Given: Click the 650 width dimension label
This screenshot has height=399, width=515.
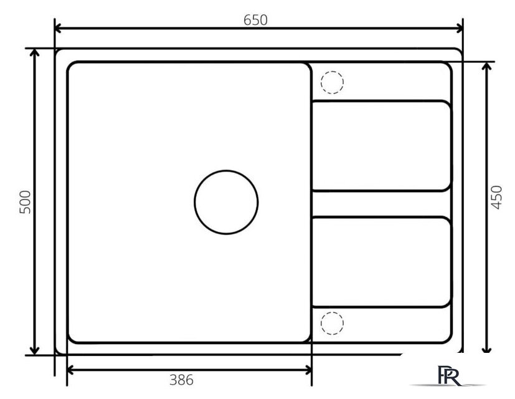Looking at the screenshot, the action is click(255, 20).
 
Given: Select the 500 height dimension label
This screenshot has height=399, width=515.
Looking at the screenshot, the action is click(26, 202).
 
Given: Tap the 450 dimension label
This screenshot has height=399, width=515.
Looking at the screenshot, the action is click(496, 198).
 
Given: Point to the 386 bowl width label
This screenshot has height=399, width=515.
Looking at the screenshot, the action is click(181, 380).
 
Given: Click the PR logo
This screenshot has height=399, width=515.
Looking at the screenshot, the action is click(448, 375).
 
